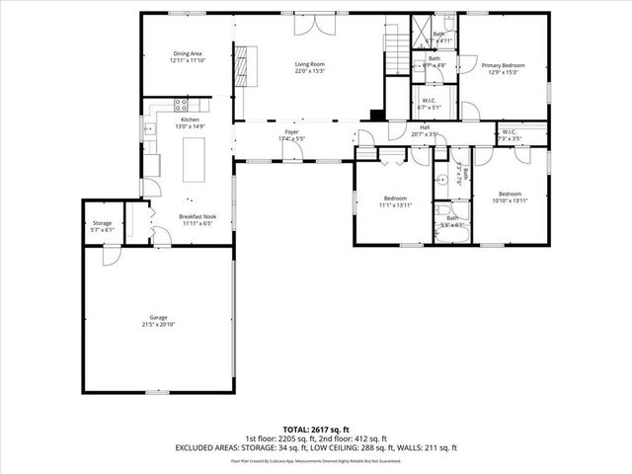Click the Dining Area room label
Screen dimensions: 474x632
click(x=187, y=54)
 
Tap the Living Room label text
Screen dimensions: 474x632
click(x=309, y=65)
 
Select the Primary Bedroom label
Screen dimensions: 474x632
click(x=503, y=65)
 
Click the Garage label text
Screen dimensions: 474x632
click(x=158, y=317)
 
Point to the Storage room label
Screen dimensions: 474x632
click(x=102, y=223)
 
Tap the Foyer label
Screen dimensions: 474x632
click(x=291, y=131)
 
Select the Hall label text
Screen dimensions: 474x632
click(x=424, y=127)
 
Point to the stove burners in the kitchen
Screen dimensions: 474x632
click(x=181, y=102)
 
